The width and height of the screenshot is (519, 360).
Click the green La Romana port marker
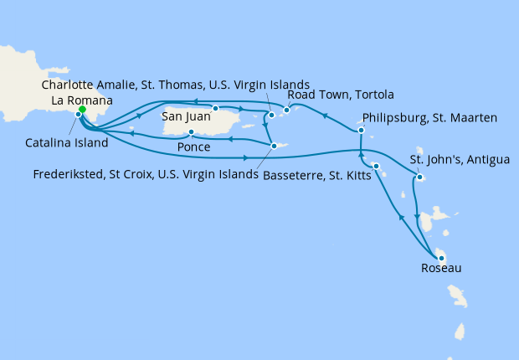82,110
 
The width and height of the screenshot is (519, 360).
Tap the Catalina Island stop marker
78,115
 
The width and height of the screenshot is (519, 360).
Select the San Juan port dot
215,108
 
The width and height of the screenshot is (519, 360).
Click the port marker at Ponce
192,132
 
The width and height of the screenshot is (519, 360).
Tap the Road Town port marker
286,110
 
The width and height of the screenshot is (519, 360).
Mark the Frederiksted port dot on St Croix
274,146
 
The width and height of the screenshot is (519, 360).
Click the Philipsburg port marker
361,130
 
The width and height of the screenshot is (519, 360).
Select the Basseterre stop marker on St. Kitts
376,166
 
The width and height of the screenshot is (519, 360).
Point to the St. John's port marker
418,177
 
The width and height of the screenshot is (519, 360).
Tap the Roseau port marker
438,257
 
